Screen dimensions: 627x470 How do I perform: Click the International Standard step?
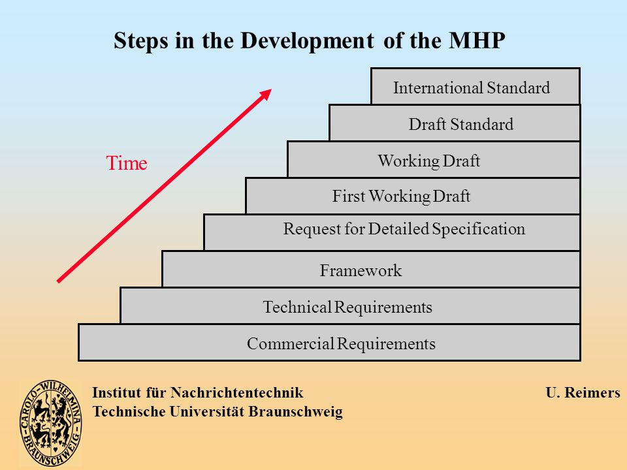(475, 86)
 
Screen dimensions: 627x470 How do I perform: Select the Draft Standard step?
(455, 123)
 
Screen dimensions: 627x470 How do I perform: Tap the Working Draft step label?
(428, 161)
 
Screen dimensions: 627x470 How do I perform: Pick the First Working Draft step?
(413, 196)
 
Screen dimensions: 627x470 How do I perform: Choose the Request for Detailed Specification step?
(392, 232)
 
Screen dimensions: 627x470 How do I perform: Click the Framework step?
(371, 269)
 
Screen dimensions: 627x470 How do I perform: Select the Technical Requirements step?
(350, 305)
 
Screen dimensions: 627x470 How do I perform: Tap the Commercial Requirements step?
(329, 343)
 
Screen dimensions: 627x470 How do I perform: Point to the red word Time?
(127, 163)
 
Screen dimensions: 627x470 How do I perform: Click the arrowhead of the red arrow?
(266, 93)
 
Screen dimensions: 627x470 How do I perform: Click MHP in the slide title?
(477, 40)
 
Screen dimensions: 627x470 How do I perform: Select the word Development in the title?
(307, 41)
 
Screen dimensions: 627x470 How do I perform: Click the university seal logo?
(51, 423)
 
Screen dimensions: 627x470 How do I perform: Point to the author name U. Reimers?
(583, 392)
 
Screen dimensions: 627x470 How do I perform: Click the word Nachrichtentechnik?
(236, 392)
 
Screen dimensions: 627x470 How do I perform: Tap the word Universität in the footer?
(207, 411)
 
